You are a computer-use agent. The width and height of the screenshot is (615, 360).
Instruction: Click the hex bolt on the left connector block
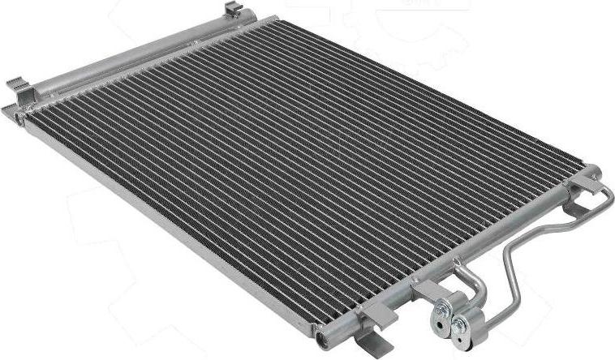(x=442, y=311)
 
